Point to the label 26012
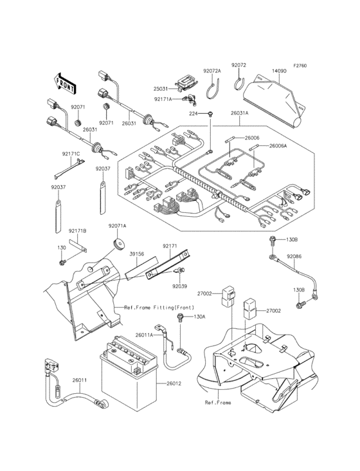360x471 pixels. [x=174, y=383]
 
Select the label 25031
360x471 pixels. [x=160, y=89]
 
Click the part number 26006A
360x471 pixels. [x=278, y=146]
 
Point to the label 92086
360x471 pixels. [x=294, y=255]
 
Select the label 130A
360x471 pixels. [x=199, y=317]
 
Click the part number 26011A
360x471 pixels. [x=144, y=335]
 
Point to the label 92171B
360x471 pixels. [x=78, y=230]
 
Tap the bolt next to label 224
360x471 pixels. [x=210, y=114]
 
